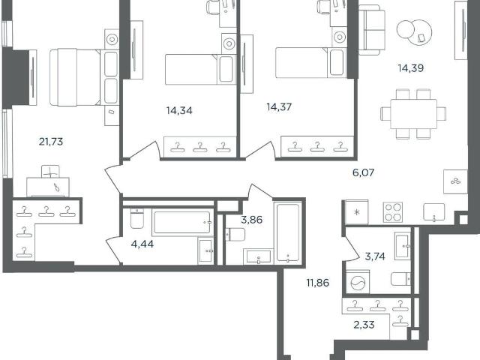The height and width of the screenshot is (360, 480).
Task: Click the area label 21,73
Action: point(51,142)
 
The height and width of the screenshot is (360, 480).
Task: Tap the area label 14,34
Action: point(179,110)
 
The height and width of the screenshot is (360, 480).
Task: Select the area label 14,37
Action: point(279,106)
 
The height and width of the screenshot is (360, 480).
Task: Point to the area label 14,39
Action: point(411,68)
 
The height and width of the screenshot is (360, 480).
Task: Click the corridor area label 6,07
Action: point(363,172)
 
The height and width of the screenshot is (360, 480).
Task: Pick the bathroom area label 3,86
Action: point(252,220)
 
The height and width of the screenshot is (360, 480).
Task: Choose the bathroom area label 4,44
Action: point(142,244)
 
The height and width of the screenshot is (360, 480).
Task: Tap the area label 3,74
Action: point(375,256)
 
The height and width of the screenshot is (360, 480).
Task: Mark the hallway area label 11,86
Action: point(318,283)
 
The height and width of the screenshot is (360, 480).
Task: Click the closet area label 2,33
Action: point(364,325)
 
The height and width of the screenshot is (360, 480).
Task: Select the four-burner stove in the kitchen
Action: point(393,212)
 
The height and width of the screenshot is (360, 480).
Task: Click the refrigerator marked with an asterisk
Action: point(357,212)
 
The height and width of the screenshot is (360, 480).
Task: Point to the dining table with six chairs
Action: point(413,114)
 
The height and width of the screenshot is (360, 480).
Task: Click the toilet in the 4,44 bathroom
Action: point(136,218)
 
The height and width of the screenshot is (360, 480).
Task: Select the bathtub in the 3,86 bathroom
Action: point(288,232)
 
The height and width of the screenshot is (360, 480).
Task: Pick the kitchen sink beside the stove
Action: point(433,211)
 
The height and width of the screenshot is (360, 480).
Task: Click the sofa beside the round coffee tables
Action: point(372,30)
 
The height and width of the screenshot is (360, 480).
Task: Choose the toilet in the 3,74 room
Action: point(401,278)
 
